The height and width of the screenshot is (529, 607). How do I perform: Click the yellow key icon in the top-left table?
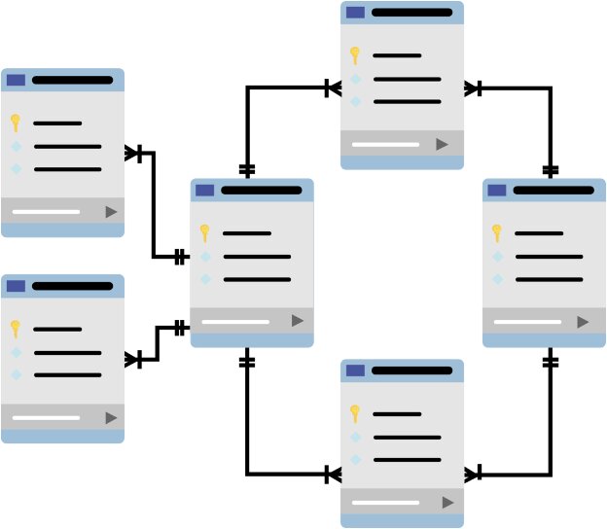(16, 123)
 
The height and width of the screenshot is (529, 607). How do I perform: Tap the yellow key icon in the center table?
(204, 232)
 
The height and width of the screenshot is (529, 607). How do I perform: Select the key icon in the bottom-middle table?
(355, 413)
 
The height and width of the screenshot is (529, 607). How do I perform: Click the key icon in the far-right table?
(497, 232)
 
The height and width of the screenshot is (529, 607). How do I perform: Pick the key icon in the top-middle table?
(355, 54)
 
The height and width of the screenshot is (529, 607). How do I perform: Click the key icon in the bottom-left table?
(16, 329)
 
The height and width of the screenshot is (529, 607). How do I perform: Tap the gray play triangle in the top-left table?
(111, 211)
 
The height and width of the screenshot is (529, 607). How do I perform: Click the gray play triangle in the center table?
(298, 320)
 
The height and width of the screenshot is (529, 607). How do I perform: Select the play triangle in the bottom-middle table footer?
(447, 502)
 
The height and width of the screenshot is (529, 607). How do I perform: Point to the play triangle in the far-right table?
(583, 321)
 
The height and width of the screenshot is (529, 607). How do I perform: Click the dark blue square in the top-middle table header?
(355, 13)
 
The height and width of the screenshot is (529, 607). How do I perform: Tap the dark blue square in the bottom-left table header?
(16, 286)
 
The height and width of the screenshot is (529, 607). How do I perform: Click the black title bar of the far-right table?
(553, 190)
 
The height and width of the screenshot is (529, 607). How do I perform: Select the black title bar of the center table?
(261, 190)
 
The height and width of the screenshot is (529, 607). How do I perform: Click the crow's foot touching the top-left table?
(133, 153)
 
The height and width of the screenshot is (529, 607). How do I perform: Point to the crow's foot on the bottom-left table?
(133, 360)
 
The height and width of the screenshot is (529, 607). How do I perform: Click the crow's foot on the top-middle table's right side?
(472, 88)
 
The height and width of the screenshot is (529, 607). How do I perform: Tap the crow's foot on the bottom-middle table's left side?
(333, 475)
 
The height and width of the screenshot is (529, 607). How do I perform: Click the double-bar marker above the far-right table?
(551, 170)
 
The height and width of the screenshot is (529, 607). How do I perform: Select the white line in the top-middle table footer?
(385, 144)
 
